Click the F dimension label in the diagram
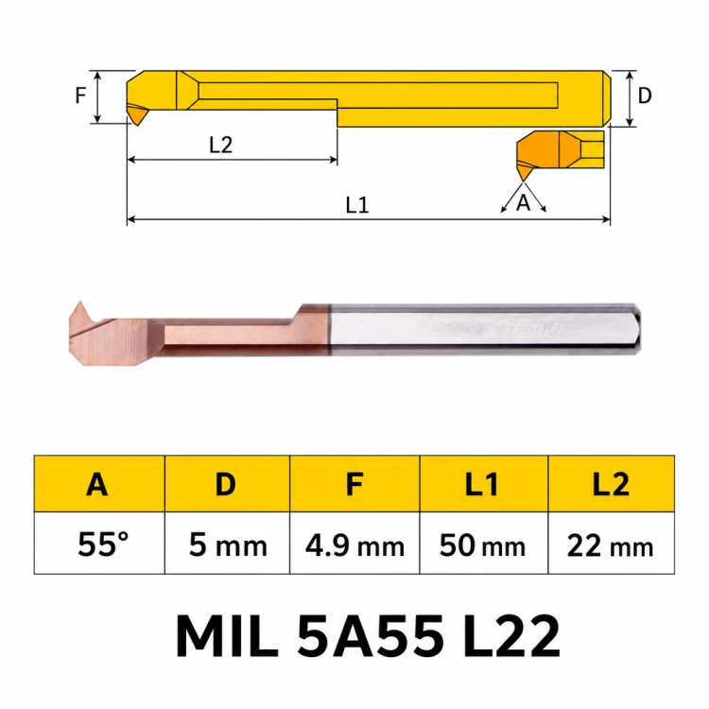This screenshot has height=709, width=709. pos(80,95)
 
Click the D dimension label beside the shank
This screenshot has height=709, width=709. pos(645,95)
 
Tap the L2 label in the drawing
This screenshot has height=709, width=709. pos(220,146)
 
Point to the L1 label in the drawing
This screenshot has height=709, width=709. pos(357,205)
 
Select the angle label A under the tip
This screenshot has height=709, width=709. pos(523,203)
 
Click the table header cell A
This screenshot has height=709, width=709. pos(99,484)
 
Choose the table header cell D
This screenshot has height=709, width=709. pos(227,484)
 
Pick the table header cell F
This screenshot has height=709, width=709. pos(354,484)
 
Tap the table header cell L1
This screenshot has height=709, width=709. pos(484,484)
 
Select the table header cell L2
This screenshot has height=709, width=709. pos(612,484)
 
